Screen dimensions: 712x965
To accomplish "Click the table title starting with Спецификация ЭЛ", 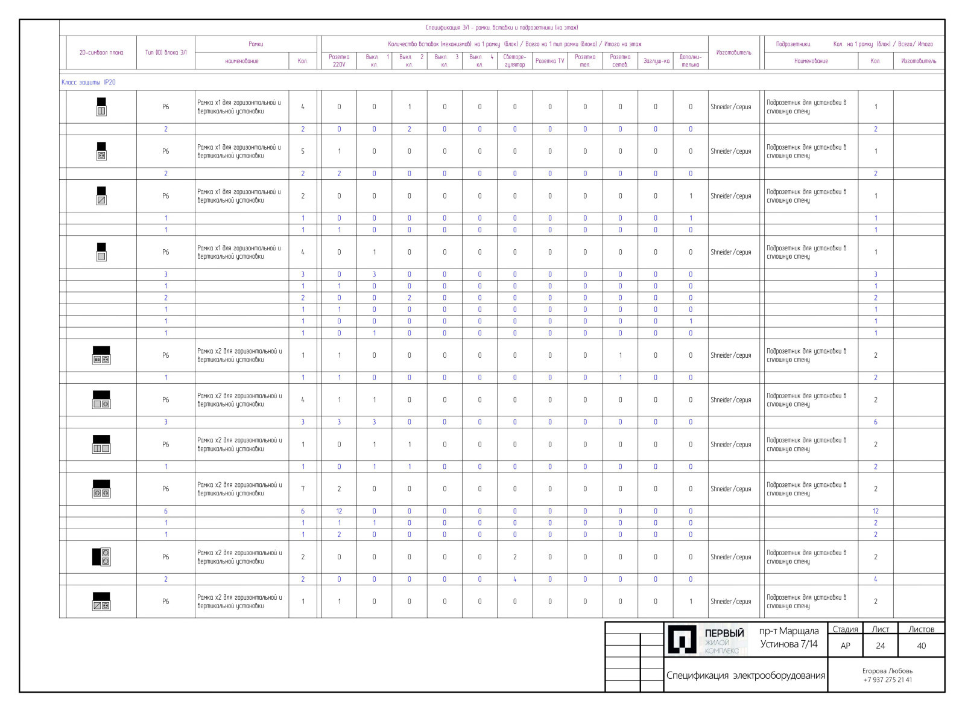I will (x=502, y=28).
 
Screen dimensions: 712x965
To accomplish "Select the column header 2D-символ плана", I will (x=101, y=52).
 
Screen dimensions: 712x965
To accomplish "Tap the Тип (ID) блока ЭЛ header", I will (x=166, y=52).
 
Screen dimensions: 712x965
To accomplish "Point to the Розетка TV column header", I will (x=549, y=61).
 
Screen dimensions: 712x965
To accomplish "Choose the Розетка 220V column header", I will (x=339, y=61).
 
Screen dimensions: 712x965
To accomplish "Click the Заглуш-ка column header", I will (x=656, y=61).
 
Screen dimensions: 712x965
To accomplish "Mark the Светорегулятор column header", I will (x=514, y=61).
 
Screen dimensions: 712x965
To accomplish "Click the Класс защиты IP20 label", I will (x=89, y=82).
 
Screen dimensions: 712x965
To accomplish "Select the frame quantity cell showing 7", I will (x=303, y=489).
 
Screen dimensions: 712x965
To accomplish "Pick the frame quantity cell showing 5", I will (x=303, y=151).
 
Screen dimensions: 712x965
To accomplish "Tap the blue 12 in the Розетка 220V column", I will (x=339, y=511).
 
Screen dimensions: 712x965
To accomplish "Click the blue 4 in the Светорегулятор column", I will (x=514, y=579).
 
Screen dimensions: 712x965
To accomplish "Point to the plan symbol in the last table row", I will (x=101, y=602).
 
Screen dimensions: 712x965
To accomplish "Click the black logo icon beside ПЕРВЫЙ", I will (x=682, y=639).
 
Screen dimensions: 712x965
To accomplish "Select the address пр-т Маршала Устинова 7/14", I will (x=789, y=638).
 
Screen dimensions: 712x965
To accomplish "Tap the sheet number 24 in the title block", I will (x=881, y=646).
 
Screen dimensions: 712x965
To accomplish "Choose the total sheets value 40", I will (x=922, y=646).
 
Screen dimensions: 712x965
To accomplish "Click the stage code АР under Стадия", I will (x=846, y=646).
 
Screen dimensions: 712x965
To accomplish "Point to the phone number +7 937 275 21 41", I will (x=888, y=680).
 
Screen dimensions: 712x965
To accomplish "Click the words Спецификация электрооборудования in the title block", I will (x=745, y=675).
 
